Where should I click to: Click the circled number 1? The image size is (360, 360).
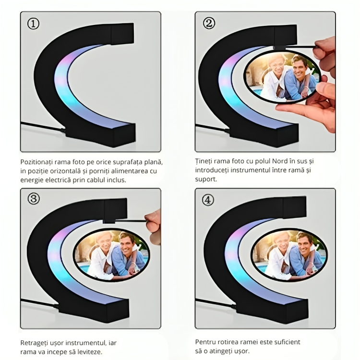pos(33,24)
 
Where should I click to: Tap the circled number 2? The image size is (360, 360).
pos(209,23)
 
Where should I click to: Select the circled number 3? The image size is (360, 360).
pos(34,199)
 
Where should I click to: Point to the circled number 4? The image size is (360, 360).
pos(208,200)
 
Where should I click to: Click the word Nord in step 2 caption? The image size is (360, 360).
pos(280,161)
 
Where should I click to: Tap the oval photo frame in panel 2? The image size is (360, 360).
pos(282,76)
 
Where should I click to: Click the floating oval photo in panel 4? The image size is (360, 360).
pos(289,255)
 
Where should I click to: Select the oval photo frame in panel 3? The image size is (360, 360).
pos(112,255)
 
